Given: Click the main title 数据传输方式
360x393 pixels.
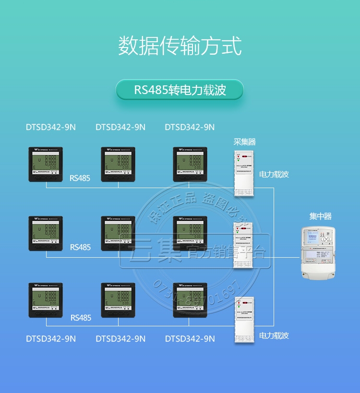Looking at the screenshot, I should (180, 46).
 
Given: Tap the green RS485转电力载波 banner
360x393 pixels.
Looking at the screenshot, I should (180, 90).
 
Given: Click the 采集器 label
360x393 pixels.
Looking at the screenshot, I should (244, 142).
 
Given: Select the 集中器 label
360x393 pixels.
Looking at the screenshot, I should (320, 216).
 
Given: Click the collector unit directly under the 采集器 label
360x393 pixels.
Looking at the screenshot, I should (245, 173).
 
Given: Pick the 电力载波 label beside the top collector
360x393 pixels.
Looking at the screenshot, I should (274, 175).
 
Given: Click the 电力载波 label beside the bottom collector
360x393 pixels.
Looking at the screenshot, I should (274, 335).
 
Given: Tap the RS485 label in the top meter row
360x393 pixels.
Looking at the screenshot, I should (80, 178).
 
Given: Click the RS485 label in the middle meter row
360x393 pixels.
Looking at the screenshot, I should (80, 248).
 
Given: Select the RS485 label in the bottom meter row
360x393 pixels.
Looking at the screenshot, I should (80, 318).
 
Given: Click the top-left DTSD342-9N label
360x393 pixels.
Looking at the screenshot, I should (50, 127).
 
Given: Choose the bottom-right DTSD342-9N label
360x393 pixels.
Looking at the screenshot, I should (190, 339).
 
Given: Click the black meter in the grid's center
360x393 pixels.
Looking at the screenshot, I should (118, 233).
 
